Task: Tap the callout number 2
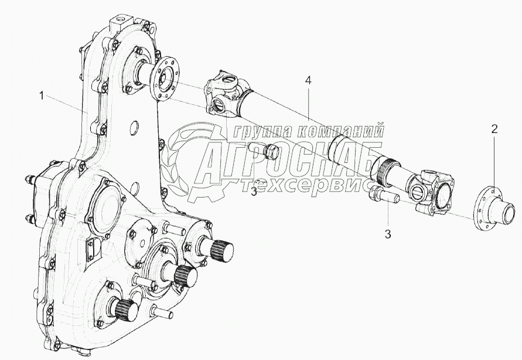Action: (x=494, y=130)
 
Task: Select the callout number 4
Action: (x=307, y=81)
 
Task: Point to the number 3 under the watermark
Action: (x=254, y=192)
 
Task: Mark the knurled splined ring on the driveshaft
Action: (x=388, y=171)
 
